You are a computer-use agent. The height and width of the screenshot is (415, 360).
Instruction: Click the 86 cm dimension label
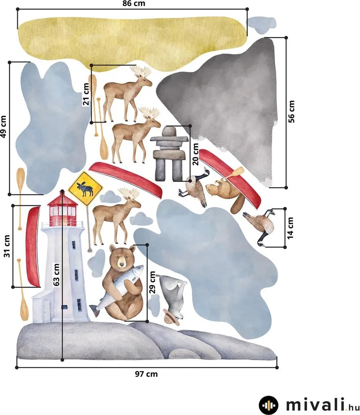pyautogui.click(x=134, y=3)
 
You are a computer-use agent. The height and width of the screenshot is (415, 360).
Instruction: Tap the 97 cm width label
pyautogui.click(x=146, y=374)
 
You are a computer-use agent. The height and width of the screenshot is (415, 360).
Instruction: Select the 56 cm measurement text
pyautogui.click(x=291, y=111)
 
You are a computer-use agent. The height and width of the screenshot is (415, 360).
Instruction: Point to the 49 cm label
pyautogui.click(x=3, y=127)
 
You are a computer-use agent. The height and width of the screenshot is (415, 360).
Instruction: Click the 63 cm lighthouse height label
pyautogui.click(x=56, y=275)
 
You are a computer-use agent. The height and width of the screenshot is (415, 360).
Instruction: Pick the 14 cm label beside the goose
pyautogui.click(x=290, y=228)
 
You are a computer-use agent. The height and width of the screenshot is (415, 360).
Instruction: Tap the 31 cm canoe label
pyautogui.click(x=7, y=246)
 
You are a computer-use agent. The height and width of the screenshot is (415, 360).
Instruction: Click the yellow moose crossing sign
pyautogui.click(x=85, y=188)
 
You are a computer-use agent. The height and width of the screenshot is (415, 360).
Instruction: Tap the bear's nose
pyautogui.click(x=122, y=264)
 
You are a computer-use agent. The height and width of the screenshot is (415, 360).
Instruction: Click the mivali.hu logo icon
pyautogui.click(x=268, y=405)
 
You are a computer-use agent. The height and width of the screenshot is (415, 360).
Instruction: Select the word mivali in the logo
pyautogui.click(x=315, y=405)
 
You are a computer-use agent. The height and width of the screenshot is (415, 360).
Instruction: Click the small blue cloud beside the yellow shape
pyautogui.click(x=261, y=25)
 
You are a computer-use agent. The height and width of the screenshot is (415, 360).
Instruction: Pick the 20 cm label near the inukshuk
pyautogui.click(x=195, y=154)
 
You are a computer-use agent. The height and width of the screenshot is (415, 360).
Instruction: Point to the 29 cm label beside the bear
pyautogui.click(x=152, y=282)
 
